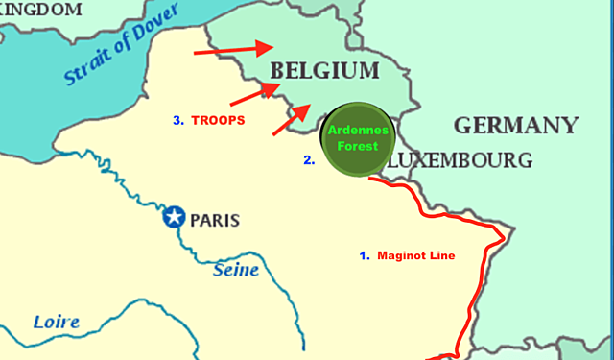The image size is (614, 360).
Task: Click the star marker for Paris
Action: coord(173,218)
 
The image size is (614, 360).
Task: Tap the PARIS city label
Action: coord(215,220)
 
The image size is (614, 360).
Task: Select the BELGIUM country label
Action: coord(325,70)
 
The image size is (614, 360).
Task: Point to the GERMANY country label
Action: coord(516,125)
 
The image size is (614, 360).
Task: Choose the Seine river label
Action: coord(235,270)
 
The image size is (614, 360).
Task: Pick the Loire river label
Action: coord(57,322)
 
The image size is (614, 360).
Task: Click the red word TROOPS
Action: coord(218,121)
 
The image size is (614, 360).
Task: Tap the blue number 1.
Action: coord(364,256)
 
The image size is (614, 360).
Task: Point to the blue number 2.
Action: coord(309,160)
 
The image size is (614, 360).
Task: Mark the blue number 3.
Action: coord(177,121)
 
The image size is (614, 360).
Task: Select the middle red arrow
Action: coord(255,93)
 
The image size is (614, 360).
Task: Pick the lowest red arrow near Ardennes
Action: coord(294,117)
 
